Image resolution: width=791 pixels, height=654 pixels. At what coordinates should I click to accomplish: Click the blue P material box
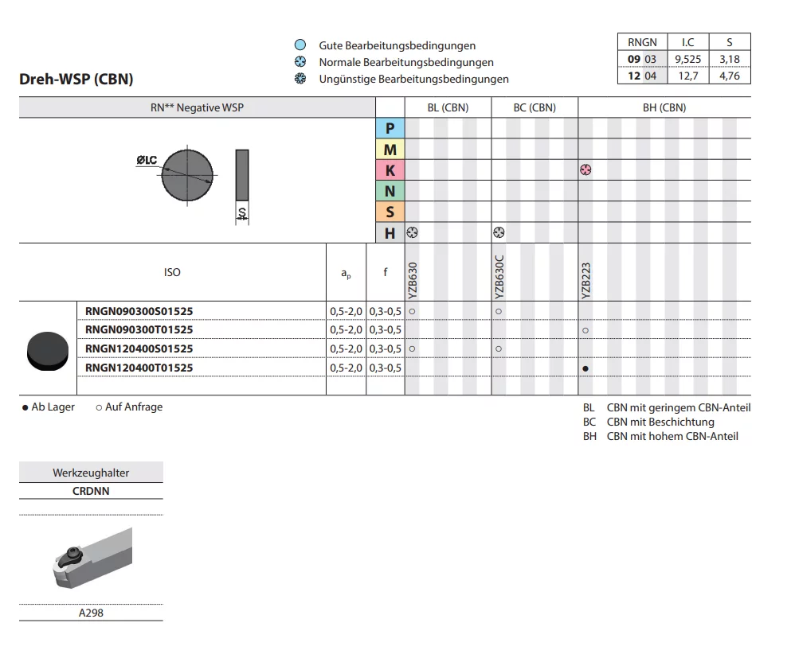click(390, 128)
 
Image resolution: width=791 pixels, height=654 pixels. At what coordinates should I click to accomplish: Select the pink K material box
click(390, 170)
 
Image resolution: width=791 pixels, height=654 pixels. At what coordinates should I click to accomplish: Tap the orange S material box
click(390, 212)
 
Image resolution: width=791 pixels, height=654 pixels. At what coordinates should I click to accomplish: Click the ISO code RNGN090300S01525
click(139, 311)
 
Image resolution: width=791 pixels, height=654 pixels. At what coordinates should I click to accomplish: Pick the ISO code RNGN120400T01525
click(139, 368)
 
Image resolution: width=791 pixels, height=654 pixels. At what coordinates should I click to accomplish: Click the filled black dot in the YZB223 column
click(585, 369)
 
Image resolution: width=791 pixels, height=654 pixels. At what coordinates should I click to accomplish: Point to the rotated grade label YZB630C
click(499, 277)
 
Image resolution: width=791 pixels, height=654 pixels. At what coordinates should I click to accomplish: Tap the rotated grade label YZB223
click(585, 281)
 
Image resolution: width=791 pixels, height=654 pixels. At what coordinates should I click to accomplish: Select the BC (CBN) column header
click(535, 108)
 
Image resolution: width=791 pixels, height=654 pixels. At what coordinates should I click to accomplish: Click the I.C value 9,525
click(688, 60)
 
